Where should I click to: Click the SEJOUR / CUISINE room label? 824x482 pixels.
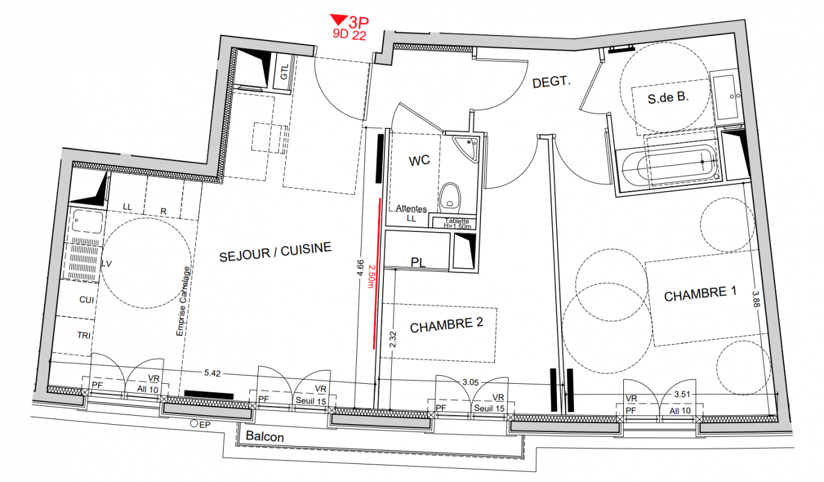(x=275, y=252)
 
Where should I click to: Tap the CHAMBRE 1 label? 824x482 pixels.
(x=700, y=294)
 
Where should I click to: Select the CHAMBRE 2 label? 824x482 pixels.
(x=446, y=325)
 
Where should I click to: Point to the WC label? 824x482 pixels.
(x=419, y=161)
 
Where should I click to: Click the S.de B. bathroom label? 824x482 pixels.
(x=668, y=98)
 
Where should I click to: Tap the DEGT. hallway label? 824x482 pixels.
(x=552, y=82)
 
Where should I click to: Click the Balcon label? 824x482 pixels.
(x=265, y=436)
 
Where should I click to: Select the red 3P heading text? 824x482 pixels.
(x=358, y=22)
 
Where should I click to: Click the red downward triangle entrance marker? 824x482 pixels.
(x=338, y=19)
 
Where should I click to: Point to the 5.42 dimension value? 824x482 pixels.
(x=212, y=373)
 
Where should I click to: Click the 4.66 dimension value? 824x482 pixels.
(x=360, y=268)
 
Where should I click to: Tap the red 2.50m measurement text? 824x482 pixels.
(x=371, y=277)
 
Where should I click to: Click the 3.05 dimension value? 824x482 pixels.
(x=471, y=383)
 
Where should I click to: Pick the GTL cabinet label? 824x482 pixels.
(x=285, y=72)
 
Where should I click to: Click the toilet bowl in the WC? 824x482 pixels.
(x=450, y=198)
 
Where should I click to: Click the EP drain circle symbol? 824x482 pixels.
(x=194, y=424)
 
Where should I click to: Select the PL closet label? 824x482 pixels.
(x=418, y=262)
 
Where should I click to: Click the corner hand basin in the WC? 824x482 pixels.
(x=467, y=148)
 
